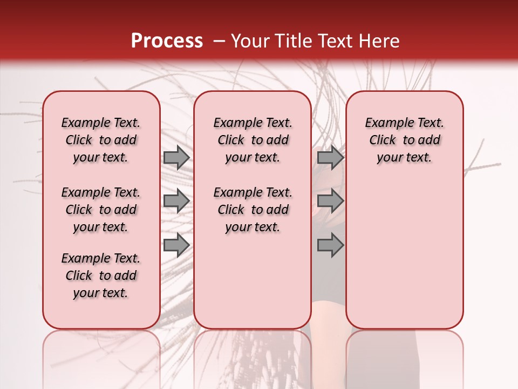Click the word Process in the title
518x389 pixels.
(166, 41)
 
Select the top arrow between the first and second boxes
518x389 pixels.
(176, 158)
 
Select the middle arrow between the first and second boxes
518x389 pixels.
(176, 201)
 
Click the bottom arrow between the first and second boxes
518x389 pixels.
(176, 245)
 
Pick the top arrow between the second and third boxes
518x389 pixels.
(330, 158)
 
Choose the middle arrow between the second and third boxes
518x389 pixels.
(330, 201)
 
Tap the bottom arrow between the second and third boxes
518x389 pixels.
(330, 245)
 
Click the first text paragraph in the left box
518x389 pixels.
(101, 140)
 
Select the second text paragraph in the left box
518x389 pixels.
(101, 210)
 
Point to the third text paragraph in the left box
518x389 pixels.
(101, 276)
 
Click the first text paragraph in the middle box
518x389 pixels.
(253, 140)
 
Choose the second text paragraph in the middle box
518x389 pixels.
(253, 210)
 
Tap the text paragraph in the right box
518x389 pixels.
(405, 140)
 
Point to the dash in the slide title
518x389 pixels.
(219, 41)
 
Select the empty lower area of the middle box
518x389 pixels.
(253, 281)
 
